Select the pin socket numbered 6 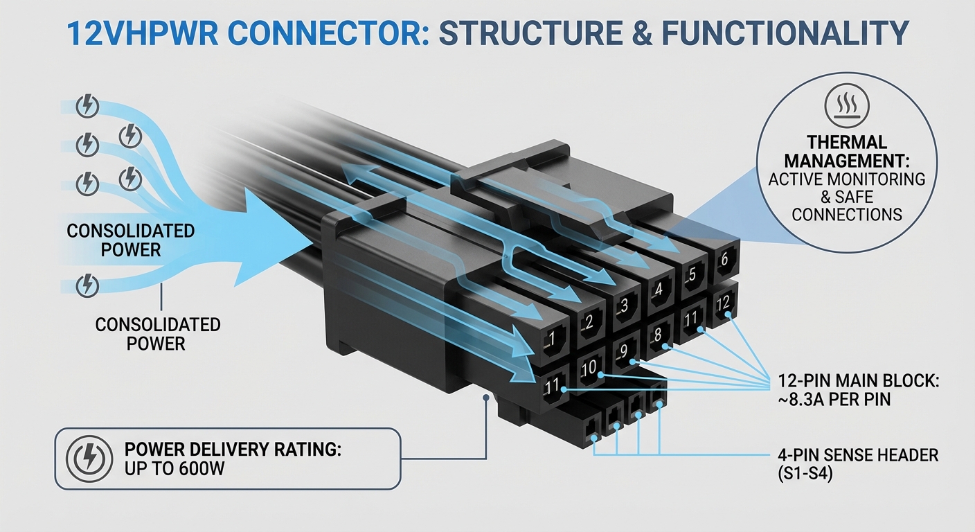pyautogui.click(x=723, y=259)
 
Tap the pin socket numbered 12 pyautogui.click(x=723, y=304)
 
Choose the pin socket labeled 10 pyautogui.click(x=589, y=369)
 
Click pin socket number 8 pyautogui.click(x=659, y=334)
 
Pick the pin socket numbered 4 pyautogui.click(x=657, y=289)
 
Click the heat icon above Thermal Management pyautogui.click(x=847, y=106)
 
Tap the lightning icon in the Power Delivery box pyautogui.click(x=88, y=459)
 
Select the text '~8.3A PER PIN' pyautogui.click(x=833, y=400)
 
